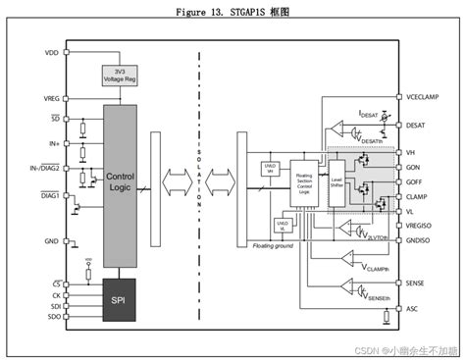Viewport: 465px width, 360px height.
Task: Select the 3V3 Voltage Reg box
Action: tap(120, 76)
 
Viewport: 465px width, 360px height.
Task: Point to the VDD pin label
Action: tap(50, 52)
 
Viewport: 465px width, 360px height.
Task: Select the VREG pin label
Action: tap(49, 99)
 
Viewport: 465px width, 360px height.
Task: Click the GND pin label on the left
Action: tap(50, 238)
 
